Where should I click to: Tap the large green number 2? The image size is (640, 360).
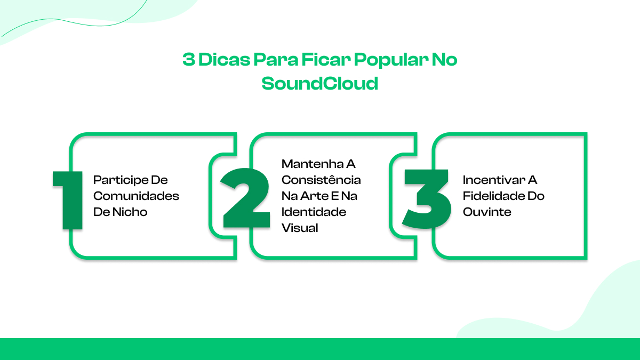coord(245,200)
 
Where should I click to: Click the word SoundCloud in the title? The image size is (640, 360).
coord(319,84)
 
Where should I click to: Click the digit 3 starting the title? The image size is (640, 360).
coord(188,60)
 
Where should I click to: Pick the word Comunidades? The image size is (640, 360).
coord(136,196)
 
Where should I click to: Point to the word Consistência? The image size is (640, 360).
coord(321,180)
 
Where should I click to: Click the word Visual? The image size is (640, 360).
coord(300,228)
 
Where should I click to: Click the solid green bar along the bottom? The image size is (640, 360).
coord(320,349)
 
